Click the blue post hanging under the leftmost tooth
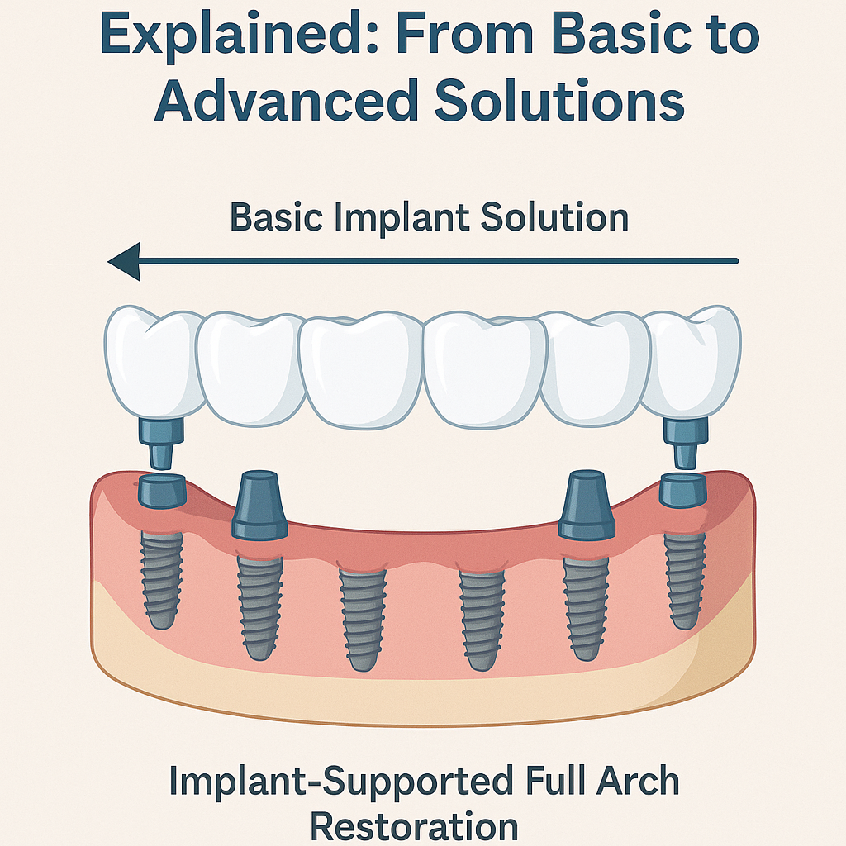pyautogui.click(x=162, y=441)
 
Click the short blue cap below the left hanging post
pyautogui.click(x=163, y=491)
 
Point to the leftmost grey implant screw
pyautogui.click(x=162, y=578)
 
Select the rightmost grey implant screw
pyautogui.click(x=685, y=578)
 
